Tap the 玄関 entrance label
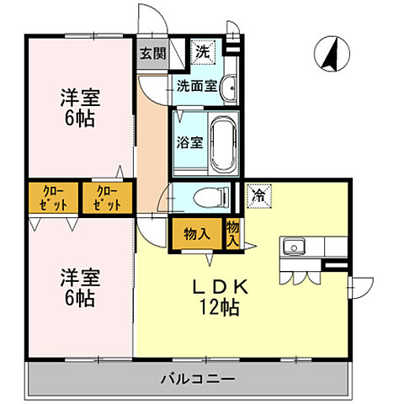tap(152, 53)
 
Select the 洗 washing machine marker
tap(203, 51)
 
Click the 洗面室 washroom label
tap(196, 85)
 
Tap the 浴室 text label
tap(188, 143)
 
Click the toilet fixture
tap(208, 198)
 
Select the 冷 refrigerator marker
tap(258, 195)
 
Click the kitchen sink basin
tap(295, 247)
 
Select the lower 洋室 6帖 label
tap(77, 286)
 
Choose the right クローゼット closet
tap(107, 198)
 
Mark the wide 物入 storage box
tap(196, 234)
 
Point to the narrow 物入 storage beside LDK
tap(233, 233)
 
